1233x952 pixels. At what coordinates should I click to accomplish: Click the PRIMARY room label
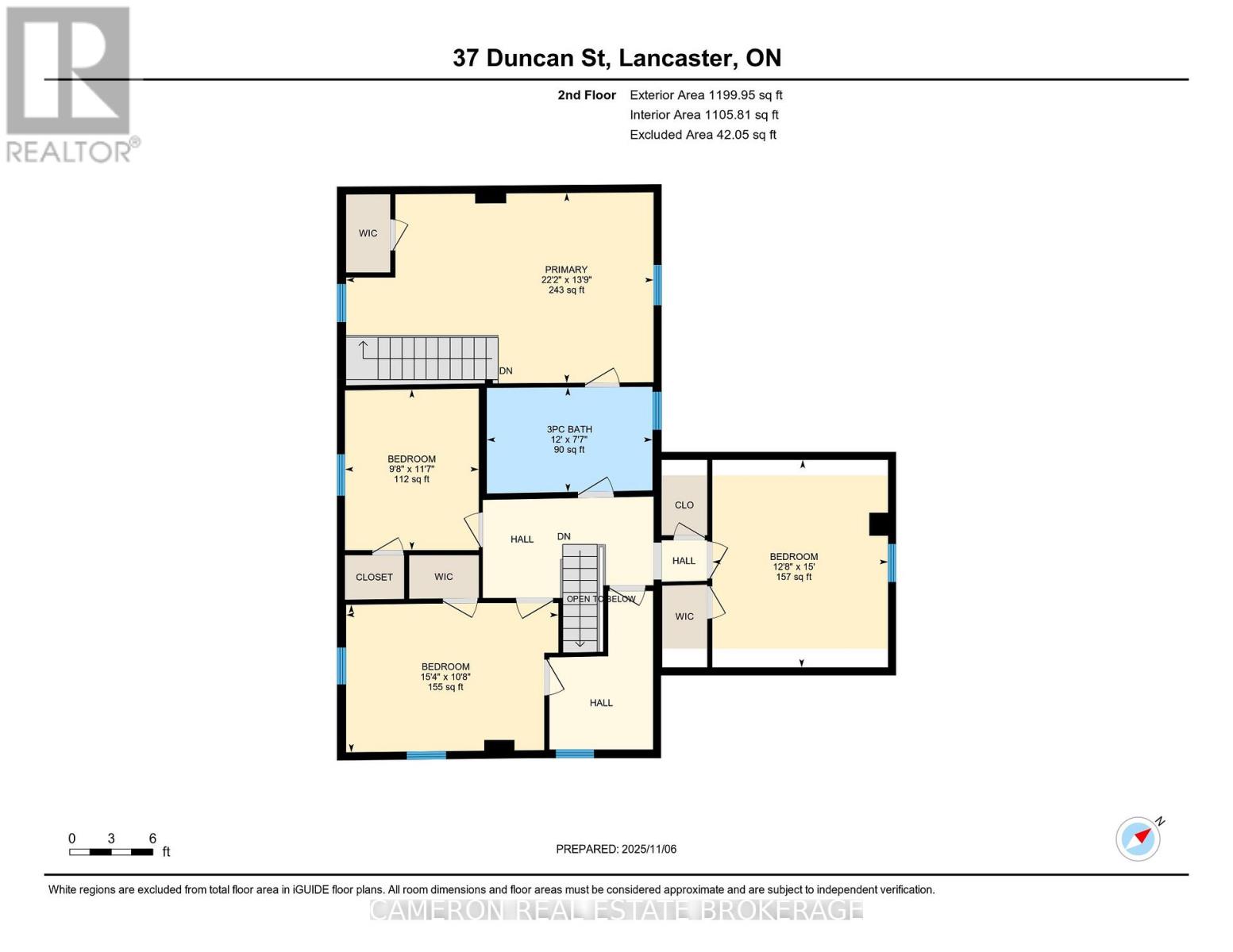[565, 270]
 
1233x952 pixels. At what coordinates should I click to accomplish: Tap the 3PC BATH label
[569, 429]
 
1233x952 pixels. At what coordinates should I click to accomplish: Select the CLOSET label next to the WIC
[374, 577]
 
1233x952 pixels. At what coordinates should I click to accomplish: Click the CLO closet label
[684, 505]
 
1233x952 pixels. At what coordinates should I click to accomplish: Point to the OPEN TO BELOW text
[600, 599]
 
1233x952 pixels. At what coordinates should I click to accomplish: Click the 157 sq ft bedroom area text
[793, 577]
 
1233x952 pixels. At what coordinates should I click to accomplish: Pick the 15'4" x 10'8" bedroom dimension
[445, 677]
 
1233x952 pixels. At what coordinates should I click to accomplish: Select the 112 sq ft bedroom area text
[411, 479]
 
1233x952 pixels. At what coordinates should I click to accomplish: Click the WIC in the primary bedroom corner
[368, 233]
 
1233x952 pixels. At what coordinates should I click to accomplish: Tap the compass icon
[1139, 838]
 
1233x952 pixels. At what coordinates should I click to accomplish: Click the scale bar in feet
[111, 852]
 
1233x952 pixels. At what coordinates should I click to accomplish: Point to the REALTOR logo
[69, 83]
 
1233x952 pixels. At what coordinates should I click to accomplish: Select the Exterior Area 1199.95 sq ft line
[705, 95]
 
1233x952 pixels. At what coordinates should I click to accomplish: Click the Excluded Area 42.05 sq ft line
[703, 135]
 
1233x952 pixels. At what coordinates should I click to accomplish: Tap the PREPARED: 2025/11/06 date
[616, 849]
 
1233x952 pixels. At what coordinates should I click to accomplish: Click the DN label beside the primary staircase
[506, 371]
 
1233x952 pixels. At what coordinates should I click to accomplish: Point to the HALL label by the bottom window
[601, 703]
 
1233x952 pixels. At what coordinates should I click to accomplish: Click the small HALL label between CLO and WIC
[684, 561]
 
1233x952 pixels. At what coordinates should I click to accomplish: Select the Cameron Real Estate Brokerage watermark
[616, 909]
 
